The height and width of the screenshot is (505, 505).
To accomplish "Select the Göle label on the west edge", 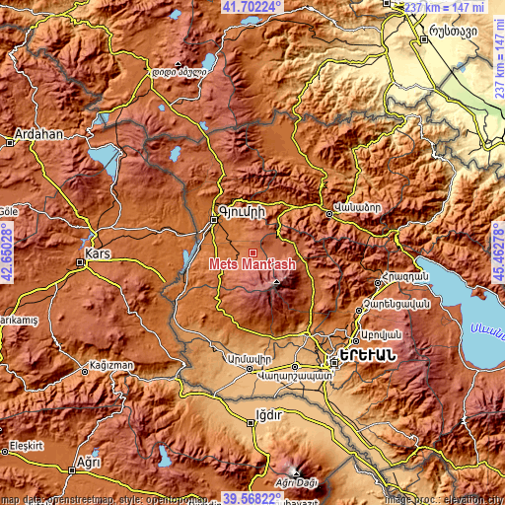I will [10, 211].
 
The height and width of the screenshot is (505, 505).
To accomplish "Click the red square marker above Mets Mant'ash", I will [252, 252].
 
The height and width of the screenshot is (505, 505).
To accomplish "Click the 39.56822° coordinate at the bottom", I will [252, 498].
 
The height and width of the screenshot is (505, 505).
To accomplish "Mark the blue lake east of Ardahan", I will [103, 157].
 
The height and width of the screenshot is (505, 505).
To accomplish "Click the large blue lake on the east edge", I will [464, 296].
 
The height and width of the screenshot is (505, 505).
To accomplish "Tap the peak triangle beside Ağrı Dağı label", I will [293, 469].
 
